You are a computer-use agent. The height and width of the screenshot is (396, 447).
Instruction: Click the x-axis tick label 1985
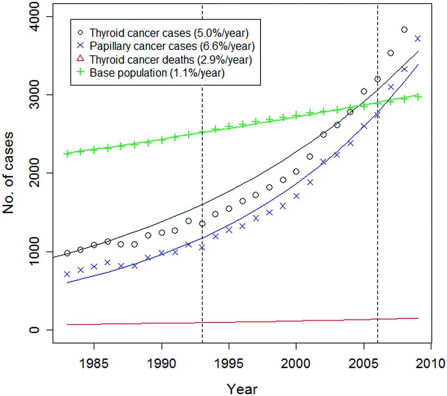pyautogui.click(x=94, y=364)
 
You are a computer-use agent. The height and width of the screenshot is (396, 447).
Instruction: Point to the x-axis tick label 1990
pyautogui.click(x=162, y=364)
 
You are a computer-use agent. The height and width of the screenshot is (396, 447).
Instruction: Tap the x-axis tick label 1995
pyautogui.click(x=229, y=364)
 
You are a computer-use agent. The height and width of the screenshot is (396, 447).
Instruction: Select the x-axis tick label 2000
pyautogui.click(x=296, y=364)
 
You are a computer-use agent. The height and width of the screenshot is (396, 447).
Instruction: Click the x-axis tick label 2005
pyautogui.click(x=364, y=364)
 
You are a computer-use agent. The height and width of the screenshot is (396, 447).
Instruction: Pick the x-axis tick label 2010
pyautogui.click(x=431, y=364)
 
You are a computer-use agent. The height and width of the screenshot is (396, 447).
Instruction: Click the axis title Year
pyautogui.click(x=242, y=388)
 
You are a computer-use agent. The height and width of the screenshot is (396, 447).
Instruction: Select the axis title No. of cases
pyautogui.click(x=8, y=173)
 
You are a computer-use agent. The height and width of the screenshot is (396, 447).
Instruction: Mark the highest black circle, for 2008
pyautogui.click(x=404, y=30)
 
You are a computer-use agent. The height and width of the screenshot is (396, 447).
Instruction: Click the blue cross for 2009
pyautogui.click(x=418, y=38)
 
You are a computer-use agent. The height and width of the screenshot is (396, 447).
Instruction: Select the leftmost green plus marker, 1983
pyautogui.click(x=67, y=154)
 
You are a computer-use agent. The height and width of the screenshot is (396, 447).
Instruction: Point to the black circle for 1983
pyautogui.click(x=67, y=253)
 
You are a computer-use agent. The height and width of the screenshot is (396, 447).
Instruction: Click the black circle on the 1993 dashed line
pyautogui.click(x=202, y=224)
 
